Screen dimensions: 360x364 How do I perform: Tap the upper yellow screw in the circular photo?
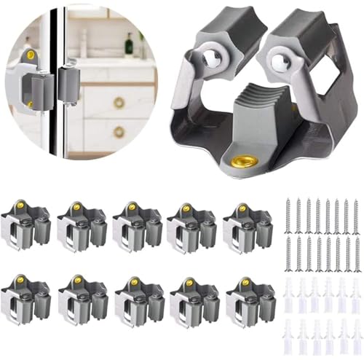point(30,55)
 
